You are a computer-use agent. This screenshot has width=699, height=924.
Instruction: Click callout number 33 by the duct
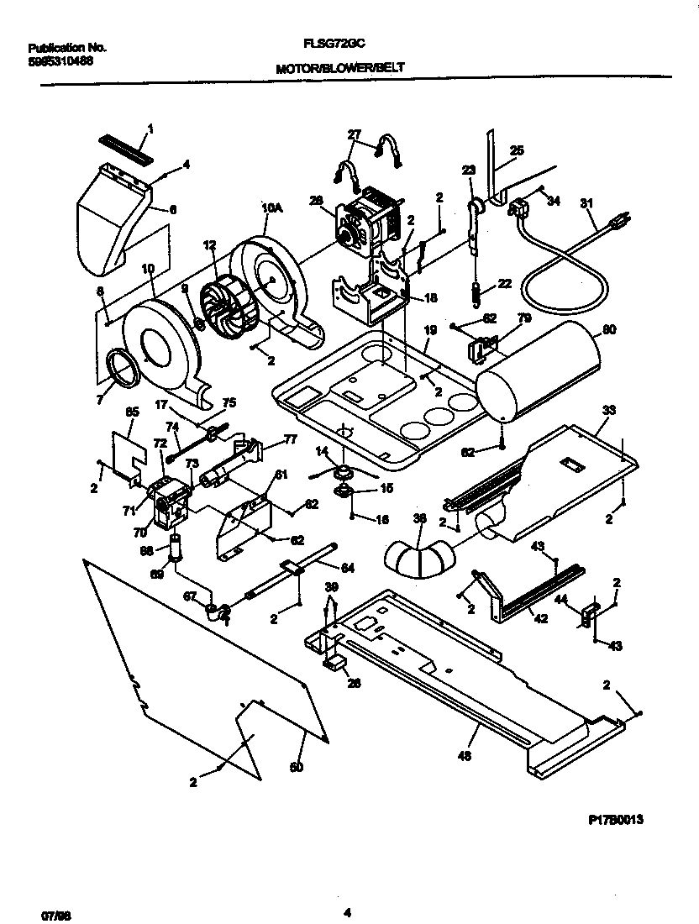pos(609,411)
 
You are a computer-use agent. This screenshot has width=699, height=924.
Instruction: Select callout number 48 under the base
pos(465,755)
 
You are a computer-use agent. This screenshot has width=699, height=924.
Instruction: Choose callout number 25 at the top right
pos(517,151)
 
